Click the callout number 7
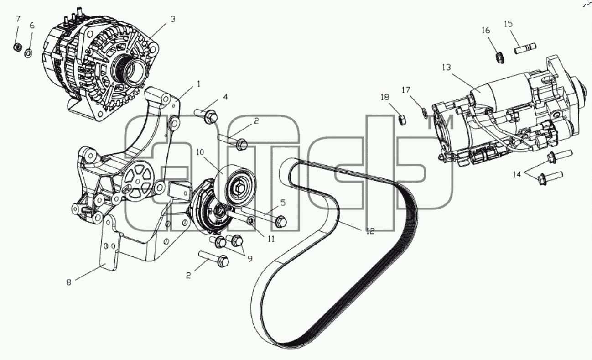click(x=18, y=19)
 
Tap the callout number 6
click(x=32, y=26)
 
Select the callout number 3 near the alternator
click(x=173, y=19)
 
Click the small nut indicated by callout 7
click(x=17, y=47)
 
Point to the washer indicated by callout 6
click(x=29, y=53)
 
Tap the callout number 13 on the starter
click(x=447, y=68)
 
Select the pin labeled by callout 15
click(x=525, y=48)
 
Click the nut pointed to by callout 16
click(x=499, y=58)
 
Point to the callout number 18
click(x=385, y=98)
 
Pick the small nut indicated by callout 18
click(x=402, y=120)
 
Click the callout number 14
click(x=517, y=174)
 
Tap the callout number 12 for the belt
click(x=370, y=231)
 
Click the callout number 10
click(x=200, y=152)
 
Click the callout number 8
click(x=69, y=282)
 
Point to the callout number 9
click(x=249, y=258)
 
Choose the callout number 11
click(x=271, y=239)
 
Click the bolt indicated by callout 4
click(x=206, y=116)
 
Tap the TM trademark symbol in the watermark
click(x=441, y=122)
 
